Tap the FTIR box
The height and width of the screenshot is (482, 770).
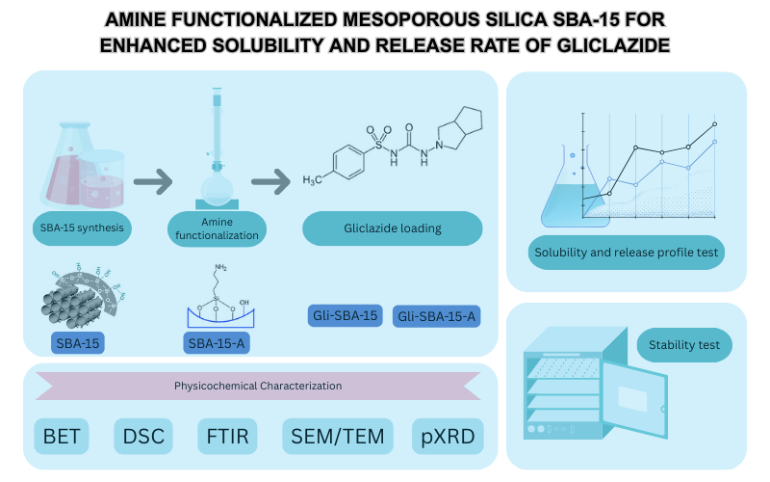[227, 438]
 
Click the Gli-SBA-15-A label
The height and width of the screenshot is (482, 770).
[436, 316]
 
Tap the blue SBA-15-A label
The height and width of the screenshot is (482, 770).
[213, 343]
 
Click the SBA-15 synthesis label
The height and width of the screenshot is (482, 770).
[79, 228]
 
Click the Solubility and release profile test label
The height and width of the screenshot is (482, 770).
[628, 253]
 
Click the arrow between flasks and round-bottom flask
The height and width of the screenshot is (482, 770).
[153, 181]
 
